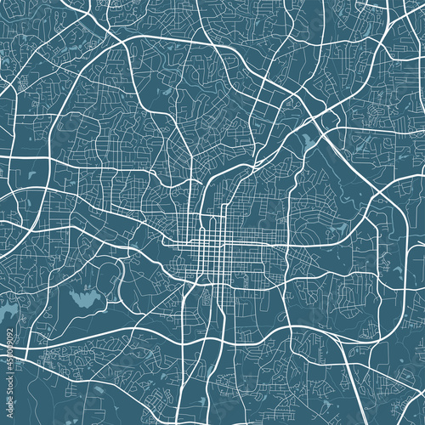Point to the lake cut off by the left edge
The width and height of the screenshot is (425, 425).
click(7, 315)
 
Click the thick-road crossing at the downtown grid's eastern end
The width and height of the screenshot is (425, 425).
click(281, 247)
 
